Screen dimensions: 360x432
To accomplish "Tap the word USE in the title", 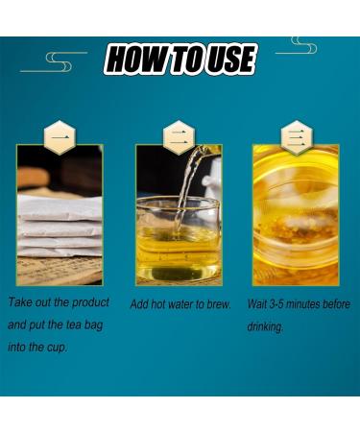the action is point(230,60).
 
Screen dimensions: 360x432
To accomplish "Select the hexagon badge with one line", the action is point(60,137).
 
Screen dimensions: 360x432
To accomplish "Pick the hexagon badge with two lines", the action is point(179,137).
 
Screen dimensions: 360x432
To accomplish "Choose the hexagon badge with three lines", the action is point(297,137).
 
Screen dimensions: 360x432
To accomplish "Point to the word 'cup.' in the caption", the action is point(58,348).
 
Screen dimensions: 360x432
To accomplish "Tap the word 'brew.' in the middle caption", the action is point(219,304).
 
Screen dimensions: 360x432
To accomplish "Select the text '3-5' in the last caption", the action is point(276,304).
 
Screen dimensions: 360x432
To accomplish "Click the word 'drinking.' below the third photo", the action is point(265,327).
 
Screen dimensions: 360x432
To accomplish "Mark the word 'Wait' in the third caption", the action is point(257,304).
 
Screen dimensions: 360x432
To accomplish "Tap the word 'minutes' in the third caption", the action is point(302,304).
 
